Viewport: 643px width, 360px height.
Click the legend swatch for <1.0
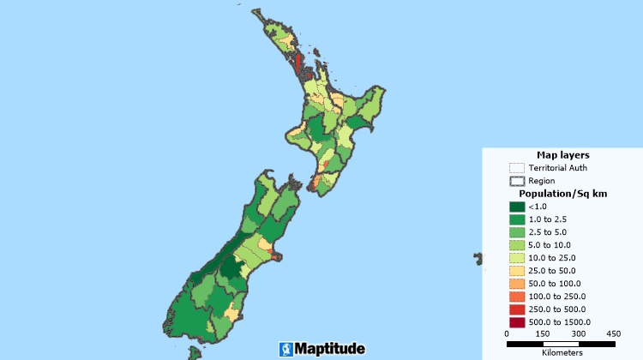tap(516, 207)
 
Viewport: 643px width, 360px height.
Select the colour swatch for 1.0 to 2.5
tap(516, 219)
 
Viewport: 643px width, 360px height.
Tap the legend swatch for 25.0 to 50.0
tap(516, 270)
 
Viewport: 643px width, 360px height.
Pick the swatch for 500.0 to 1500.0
tap(516, 321)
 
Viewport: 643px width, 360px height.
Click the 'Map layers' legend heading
tap(562, 154)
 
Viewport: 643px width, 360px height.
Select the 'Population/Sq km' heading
tap(562, 194)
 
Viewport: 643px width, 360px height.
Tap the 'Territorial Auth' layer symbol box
tap(516, 168)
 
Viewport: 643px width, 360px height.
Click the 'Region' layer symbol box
tap(516, 181)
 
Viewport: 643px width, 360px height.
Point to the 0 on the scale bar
tap(507, 333)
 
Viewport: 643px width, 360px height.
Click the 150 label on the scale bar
tap(542, 333)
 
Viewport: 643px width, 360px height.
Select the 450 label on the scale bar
tap(613, 333)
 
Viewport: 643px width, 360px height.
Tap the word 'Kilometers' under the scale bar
tap(562, 352)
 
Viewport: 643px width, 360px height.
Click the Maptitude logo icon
tap(285, 349)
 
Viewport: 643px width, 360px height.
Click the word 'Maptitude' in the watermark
tap(330, 349)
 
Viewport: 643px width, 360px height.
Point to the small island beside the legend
tap(478, 257)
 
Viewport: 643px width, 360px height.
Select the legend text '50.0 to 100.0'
tap(554, 283)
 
